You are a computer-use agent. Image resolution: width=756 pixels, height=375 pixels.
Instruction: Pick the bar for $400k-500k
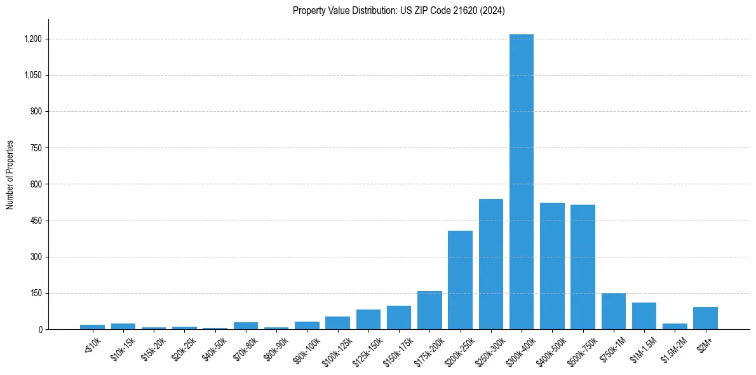pyautogui.click(x=552, y=266)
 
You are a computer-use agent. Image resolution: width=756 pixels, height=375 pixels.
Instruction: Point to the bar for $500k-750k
pyautogui.click(x=583, y=267)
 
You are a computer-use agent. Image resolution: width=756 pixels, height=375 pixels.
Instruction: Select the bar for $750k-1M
pyautogui.click(x=613, y=311)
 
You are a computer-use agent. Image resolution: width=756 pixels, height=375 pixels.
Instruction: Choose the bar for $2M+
pyautogui.click(x=705, y=318)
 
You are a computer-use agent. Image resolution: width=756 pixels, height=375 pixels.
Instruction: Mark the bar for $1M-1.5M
pyautogui.click(x=644, y=316)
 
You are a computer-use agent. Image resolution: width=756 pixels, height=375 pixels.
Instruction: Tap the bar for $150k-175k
pyautogui.click(x=399, y=318)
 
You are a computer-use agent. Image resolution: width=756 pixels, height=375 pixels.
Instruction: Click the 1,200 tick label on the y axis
pyautogui.click(x=32, y=39)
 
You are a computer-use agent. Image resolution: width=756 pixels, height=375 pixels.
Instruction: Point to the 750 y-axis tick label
pyautogui.click(x=36, y=148)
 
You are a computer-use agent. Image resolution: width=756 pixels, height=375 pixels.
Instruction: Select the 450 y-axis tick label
pyautogui.click(x=36, y=221)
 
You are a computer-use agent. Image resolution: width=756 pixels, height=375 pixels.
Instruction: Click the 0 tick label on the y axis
pyautogui.click(x=39, y=330)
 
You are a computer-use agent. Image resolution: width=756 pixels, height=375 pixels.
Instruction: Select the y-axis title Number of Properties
pyautogui.click(x=10, y=175)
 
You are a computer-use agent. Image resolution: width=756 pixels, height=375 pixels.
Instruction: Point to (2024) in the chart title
pyautogui.click(x=492, y=11)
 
